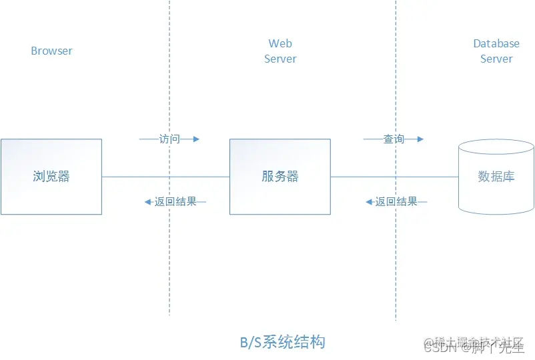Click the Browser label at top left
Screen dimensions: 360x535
[x=51, y=51]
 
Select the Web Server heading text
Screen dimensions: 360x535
[x=280, y=51]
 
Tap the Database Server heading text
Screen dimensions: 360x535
[x=496, y=51]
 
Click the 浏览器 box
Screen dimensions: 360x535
[x=51, y=177]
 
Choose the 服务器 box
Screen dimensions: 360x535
[x=280, y=177]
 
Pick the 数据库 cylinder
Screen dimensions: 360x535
[x=496, y=177]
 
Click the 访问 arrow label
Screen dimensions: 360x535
[x=169, y=139]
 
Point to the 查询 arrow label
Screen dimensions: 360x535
[x=394, y=139]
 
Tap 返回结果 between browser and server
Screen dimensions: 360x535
[x=175, y=201]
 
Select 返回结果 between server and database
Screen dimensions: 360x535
[x=396, y=201]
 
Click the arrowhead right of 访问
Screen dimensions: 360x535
[x=196, y=139]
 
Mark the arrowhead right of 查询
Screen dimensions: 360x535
[x=420, y=139]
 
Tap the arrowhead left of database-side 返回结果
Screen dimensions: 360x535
[x=369, y=201]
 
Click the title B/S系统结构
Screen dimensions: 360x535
[x=283, y=343]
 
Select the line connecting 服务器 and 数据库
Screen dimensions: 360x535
[x=394, y=177]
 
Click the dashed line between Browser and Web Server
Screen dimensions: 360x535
[x=169, y=267]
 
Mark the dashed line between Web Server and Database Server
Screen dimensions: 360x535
[x=396, y=267]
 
